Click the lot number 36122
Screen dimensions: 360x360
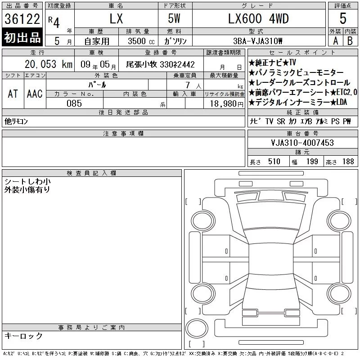pos(22,19)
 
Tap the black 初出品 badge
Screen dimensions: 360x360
pos(22,37)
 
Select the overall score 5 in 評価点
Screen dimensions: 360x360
pos(343,18)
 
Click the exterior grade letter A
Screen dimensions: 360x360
pos(335,41)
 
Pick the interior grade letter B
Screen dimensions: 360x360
pos(350,41)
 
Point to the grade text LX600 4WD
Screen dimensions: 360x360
pos(258,18)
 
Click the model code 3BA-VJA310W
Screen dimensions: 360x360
pos(257,41)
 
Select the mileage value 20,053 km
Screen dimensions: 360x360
pos(49,64)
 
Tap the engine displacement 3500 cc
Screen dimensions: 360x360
pos(141,41)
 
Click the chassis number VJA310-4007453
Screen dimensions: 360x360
pos(302,143)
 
